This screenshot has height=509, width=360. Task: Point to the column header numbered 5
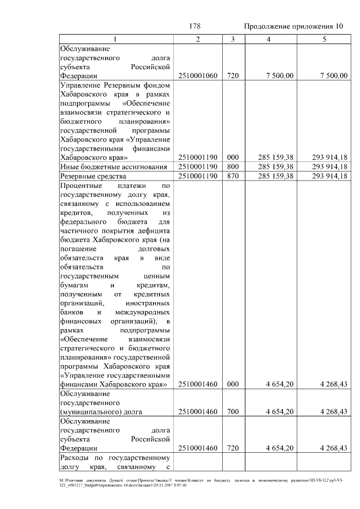pyautogui.click(x=324, y=39)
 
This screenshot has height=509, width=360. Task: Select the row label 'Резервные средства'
pyautogui.click(x=89, y=176)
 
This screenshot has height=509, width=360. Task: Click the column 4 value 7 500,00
pyautogui.click(x=279, y=76)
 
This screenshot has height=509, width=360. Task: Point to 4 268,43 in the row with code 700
pyautogui.click(x=332, y=412)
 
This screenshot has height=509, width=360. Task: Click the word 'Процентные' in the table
pyautogui.click(x=81, y=185)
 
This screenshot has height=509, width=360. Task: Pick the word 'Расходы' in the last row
pyautogui.click(x=75, y=457)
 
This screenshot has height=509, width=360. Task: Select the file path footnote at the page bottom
pyautogui.click(x=180, y=483)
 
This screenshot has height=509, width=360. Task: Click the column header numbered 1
pyautogui.click(x=115, y=39)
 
